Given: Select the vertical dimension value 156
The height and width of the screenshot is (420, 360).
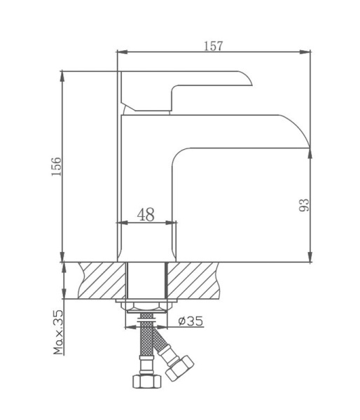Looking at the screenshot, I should [x=57, y=167].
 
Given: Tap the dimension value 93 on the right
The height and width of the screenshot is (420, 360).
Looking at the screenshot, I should [x=303, y=205].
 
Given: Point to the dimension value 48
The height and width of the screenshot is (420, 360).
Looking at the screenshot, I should [x=146, y=214].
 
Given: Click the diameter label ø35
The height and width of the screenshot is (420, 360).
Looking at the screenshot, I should [x=190, y=321].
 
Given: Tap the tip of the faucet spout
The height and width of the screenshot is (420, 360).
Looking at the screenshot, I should [x=307, y=143].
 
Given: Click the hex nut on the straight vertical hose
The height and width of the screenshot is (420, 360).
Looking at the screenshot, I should [x=146, y=382].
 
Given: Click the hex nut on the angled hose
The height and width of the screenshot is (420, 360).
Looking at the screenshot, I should [x=180, y=369].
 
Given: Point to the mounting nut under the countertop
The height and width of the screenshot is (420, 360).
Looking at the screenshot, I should [x=146, y=305].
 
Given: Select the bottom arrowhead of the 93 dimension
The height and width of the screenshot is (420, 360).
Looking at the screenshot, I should [x=310, y=258].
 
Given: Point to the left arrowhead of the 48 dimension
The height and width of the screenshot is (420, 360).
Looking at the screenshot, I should [x=120, y=223].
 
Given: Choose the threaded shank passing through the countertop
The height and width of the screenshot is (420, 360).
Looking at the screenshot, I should [x=146, y=280].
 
